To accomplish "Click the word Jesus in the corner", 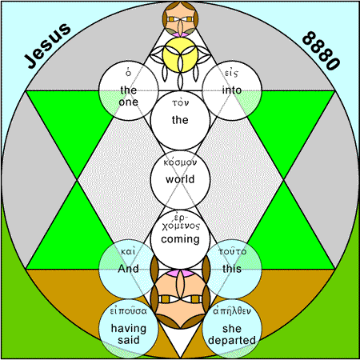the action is pos(48,46).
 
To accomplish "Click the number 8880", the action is pos(321,50).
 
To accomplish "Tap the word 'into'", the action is pos(232,90).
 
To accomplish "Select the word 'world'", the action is pos(180,179).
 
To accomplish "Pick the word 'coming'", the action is pos(180,239).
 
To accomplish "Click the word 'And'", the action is pos(128,268).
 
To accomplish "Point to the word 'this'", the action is pos(232,268).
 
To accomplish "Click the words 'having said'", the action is pos(129,334).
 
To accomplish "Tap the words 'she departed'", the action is pos(232,334).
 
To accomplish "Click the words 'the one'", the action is pos(129,96).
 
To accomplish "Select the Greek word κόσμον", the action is pos(180,162).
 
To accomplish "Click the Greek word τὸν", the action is pos(180,102).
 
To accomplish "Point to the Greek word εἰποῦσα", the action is pos(129,310).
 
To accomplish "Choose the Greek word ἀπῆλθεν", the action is pos(232,310).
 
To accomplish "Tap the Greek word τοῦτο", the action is pos(232,251).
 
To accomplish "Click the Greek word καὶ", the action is pos(128,251).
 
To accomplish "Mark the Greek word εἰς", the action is pos(231,73).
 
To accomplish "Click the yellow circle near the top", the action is pos(180,55).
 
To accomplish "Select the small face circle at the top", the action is pos(180,18).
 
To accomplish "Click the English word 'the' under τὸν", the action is pos(180,120).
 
